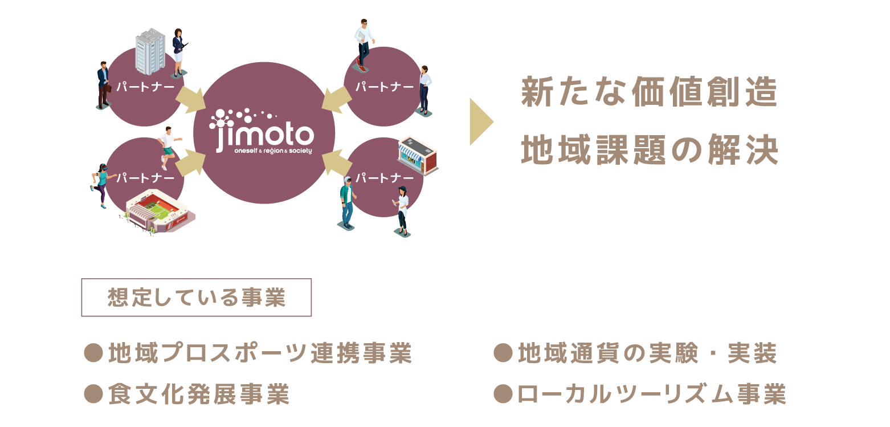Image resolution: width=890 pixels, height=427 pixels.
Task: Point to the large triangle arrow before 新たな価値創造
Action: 480,121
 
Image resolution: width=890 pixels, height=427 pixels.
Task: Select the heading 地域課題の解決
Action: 650,151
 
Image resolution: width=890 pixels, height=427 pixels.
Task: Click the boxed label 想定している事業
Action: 197,298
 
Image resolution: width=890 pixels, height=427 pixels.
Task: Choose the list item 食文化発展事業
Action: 199,394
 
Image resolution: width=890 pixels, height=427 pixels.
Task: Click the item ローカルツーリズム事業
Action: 651,394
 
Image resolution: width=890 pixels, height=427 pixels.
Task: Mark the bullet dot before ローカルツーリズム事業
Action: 502,394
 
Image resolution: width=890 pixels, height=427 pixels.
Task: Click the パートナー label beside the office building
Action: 145,87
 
